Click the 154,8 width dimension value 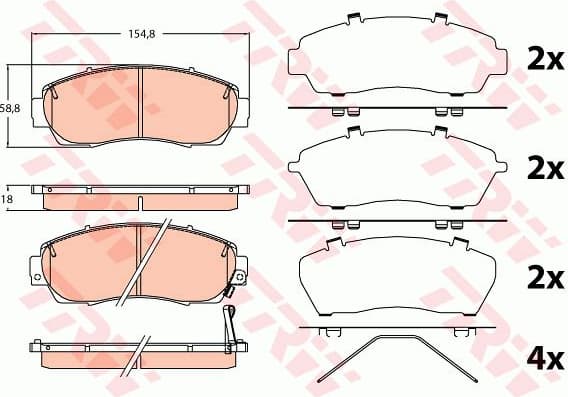point(138,37)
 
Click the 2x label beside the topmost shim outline point(545,60)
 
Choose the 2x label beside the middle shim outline point(545,167)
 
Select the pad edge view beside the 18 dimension point(139,197)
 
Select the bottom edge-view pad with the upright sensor point(139,352)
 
